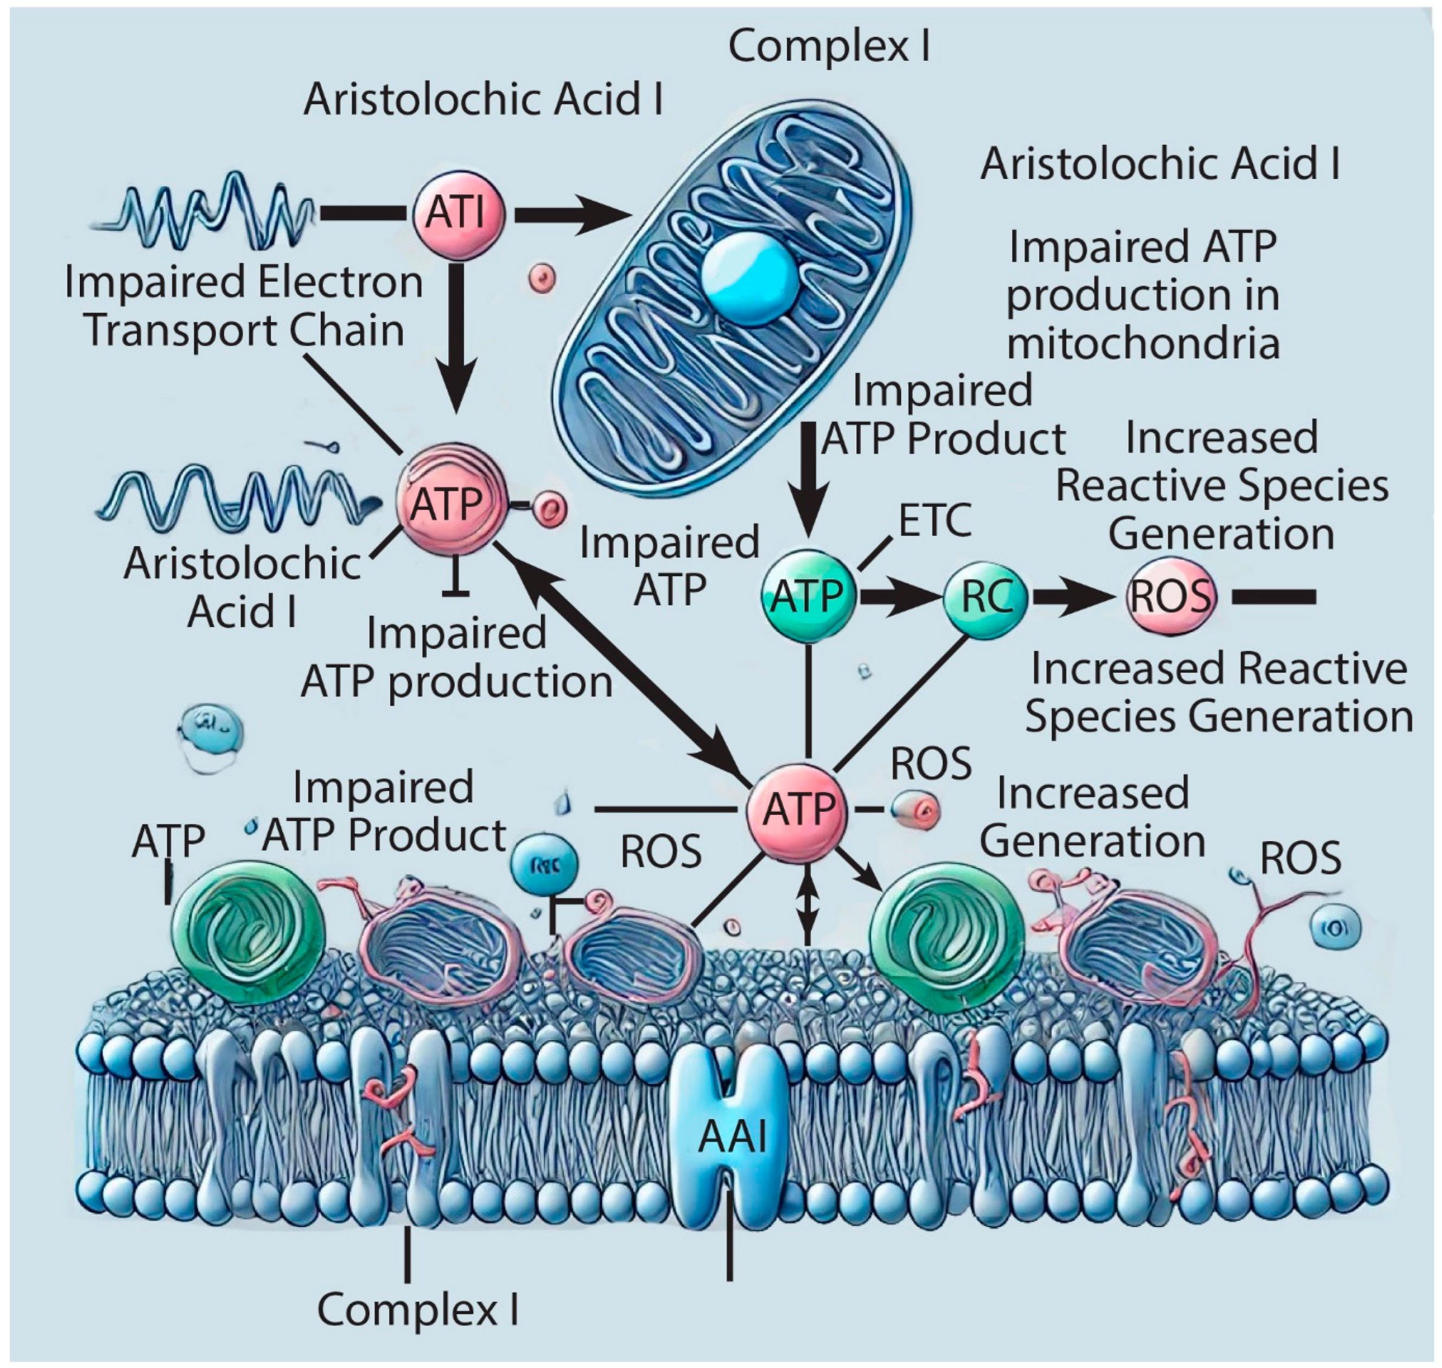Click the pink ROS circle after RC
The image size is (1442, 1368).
point(1171,596)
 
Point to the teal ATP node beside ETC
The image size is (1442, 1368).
point(808,596)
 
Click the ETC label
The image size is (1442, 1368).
point(935,520)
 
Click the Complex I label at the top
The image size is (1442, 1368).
point(829,47)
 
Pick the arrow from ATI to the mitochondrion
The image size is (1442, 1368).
point(573,214)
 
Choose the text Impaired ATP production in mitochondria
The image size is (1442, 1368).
point(1142,295)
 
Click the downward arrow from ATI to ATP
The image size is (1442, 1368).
point(459,335)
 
